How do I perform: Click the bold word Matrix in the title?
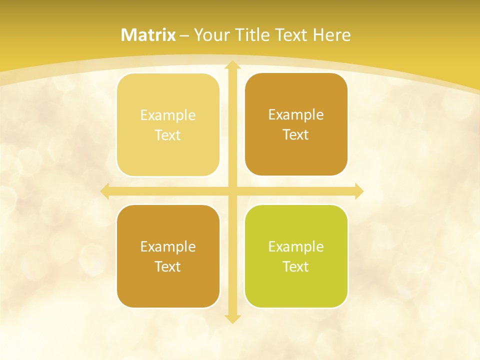[148, 35]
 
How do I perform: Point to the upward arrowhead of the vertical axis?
[232, 65]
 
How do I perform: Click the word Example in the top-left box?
[168, 115]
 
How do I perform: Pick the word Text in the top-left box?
[168, 135]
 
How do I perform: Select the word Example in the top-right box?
[296, 115]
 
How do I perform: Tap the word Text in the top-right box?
[296, 135]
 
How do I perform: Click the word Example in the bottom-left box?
[168, 247]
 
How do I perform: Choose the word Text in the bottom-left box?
[168, 267]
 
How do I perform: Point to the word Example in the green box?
[296, 247]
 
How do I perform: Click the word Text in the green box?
[296, 267]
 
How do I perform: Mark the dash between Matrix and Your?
[185, 35]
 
